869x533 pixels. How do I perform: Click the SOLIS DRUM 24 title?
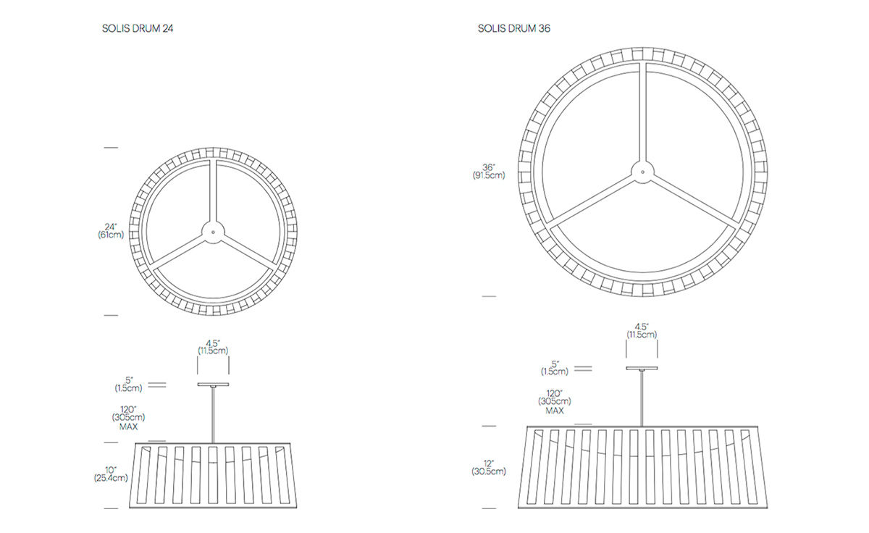pyautogui.click(x=138, y=28)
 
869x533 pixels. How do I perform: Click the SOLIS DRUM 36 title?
pyautogui.click(x=513, y=28)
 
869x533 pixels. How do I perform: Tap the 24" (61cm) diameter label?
pyautogui.click(x=111, y=231)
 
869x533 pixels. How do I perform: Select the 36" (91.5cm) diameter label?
pyautogui.click(x=489, y=172)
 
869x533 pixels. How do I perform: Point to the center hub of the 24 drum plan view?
pyautogui.click(x=213, y=232)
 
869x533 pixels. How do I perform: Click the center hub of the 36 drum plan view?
pyautogui.click(x=642, y=172)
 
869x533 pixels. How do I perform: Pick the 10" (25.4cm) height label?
pyautogui.click(x=111, y=474)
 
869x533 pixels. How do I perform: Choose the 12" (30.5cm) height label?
pyautogui.click(x=489, y=468)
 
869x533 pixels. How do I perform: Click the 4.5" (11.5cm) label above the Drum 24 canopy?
pyautogui.click(x=213, y=347)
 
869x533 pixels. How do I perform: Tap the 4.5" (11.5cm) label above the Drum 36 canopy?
pyautogui.click(x=642, y=331)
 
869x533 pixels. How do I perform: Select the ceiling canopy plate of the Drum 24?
pyautogui.click(x=213, y=385)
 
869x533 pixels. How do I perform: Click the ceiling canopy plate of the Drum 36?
pyautogui.click(x=642, y=368)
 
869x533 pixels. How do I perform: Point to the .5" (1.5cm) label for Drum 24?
pyautogui.click(x=128, y=384)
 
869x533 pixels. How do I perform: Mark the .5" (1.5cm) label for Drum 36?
pyautogui.click(x=555, y=368)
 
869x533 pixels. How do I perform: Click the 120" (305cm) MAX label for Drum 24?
pyautogui.click(x=128, y=418)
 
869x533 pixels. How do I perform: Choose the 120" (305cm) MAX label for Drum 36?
pyautogui.click(x=555, y=401)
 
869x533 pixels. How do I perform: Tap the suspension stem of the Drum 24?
pyautogui.click(x=213, y=415)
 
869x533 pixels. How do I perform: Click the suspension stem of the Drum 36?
pyautogui.click(x=642, y=398)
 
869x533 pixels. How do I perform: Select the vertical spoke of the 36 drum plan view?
pyautogui.click(x=642, y=112)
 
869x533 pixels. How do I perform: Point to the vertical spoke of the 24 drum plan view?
pyautogui.click(x=213, y=190)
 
